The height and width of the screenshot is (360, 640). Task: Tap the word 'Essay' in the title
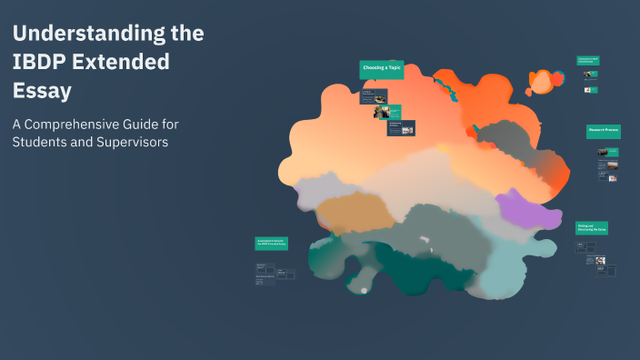pos(42,91)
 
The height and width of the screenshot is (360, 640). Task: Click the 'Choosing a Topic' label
pos(381,68)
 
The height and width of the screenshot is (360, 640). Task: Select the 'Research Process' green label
pos(603,131)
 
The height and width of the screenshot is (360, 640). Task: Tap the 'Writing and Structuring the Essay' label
pos(592,228)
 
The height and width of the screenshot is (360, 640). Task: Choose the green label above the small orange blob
pos(587,61)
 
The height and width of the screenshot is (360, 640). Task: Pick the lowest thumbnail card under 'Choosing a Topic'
pos(401,128)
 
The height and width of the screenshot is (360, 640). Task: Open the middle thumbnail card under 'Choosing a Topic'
pos(382,112)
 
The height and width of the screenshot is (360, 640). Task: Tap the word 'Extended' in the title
pos(126,63)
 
